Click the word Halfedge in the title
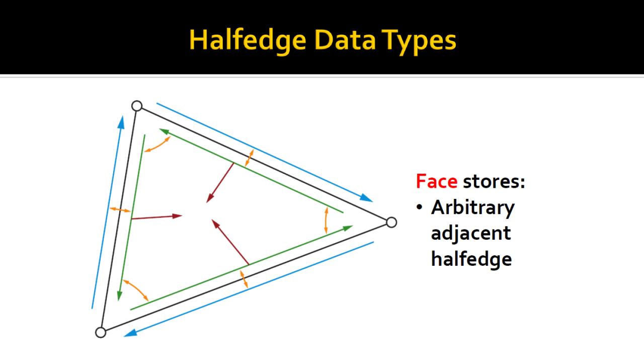point(248,40)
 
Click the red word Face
point(436,181)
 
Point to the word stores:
point(494,182)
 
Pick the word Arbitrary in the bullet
point(473,208)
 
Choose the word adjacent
point(471,234)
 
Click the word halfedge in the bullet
point(471,259)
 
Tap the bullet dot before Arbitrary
point(420,207)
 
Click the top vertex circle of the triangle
point(137,106)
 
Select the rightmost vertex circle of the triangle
point(391,223)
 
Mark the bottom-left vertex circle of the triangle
point(101,332)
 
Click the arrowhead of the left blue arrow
point(122,122)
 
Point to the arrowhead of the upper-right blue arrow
point(367,198)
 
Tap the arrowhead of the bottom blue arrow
point(131,333)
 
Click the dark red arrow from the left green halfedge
point(156,217)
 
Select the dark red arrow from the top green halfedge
point(220,183)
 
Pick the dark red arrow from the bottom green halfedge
point(230,242)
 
